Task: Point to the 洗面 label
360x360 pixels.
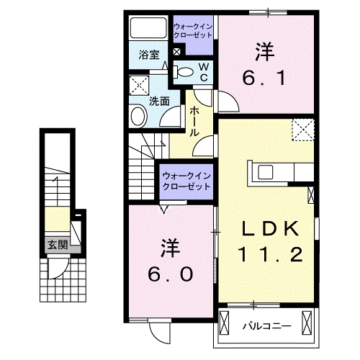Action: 159,101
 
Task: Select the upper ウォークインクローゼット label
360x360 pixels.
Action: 193,32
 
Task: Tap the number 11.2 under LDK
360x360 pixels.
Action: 267,253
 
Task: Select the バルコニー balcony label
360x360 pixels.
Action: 266,326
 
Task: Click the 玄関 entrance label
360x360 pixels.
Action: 57,244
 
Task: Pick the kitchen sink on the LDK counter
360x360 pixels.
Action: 264,172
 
